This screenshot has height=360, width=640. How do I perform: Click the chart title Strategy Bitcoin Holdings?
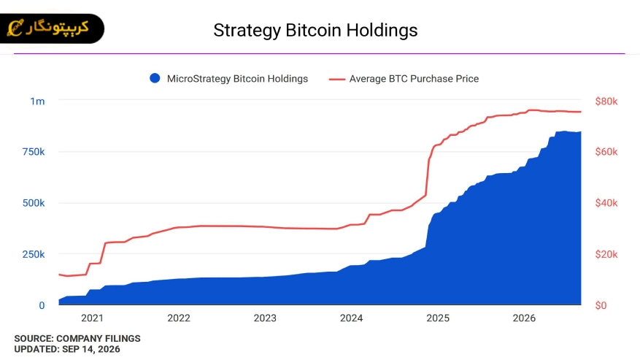[x=315, y=31]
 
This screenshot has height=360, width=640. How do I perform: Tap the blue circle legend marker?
[x=155, y=78]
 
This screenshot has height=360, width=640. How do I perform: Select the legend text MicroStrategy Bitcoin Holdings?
[x=237, y=79]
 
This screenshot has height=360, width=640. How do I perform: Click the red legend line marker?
[x=337, y=79]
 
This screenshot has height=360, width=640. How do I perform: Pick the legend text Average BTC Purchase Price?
[x=414, y=79]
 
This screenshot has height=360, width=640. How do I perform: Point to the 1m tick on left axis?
[x=37, y=102]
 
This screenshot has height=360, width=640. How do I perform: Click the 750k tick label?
[x=34, y=152]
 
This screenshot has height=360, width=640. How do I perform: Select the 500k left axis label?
[x=34, y=203]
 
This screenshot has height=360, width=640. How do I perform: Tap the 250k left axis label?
[x=34, y=254]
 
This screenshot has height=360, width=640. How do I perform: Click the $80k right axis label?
[x=606, y=102]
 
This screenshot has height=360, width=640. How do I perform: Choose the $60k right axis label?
[x=606, y=152]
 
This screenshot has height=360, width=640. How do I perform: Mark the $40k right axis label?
[x=606, y=203]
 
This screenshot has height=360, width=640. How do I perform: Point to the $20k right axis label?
[x=606, y=254]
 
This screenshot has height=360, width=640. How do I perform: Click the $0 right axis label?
[x=601, y=305]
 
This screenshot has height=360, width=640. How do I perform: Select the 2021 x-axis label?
[x=92, y=318]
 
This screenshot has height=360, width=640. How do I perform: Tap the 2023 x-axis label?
[x=265, y=318]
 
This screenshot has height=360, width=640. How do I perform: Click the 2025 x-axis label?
[x=438, y=318]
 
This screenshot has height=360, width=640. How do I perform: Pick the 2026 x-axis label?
[x=524, y=318]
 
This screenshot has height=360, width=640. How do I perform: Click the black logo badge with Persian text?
[x=52, y=28]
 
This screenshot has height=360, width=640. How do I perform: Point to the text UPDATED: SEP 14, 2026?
[x=67, y=349]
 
